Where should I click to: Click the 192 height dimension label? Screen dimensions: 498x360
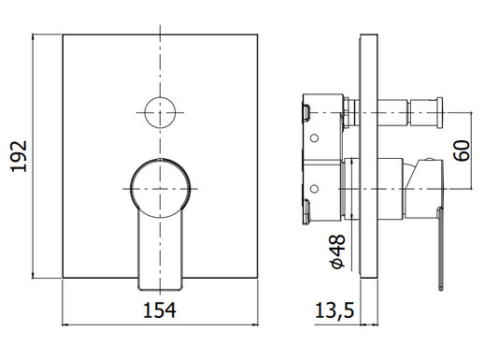tap(19, 156)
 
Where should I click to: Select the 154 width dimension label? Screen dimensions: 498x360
tap(160, 310)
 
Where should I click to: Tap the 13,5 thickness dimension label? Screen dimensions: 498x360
tap(334, 310)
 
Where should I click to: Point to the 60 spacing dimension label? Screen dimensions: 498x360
tap(462, 151)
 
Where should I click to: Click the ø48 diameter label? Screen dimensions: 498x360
tap(337, 252)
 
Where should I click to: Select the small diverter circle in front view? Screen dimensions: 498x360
tap(160, 112)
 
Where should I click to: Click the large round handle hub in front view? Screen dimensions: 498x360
tap(161, 188)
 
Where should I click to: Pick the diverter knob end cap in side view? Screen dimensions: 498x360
tap(439, 113)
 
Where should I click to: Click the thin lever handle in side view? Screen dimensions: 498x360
tap(440, 249)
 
